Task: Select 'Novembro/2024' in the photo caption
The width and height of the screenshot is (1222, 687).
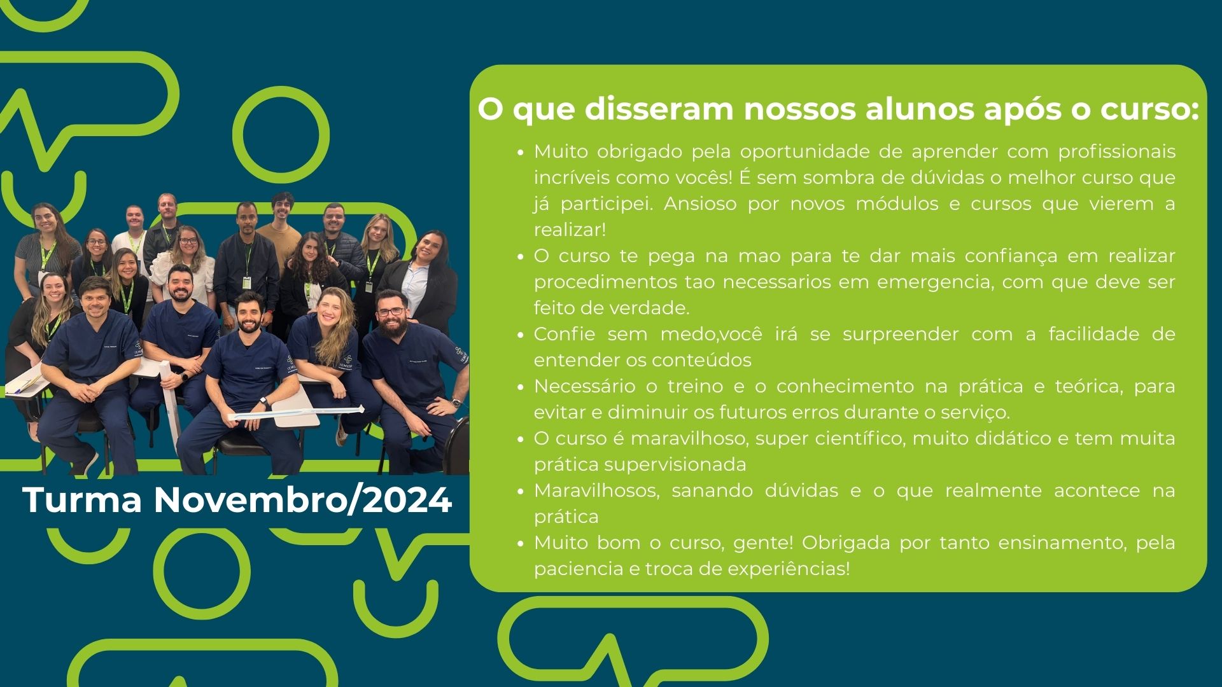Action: pos(303,500)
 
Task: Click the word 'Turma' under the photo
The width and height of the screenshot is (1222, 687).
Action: pos(83,500)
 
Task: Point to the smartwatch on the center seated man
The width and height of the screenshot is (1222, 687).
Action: pos(263,402)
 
